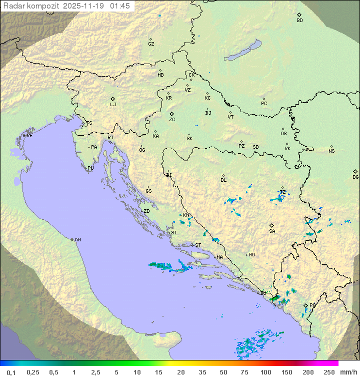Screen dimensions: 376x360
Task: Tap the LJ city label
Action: (113, 105)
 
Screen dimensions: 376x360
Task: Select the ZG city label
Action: (172, 120)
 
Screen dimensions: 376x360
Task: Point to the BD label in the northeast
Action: (299, 21)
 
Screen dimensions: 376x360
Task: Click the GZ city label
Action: (151, 44)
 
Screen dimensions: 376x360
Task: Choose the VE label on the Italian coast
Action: (29, 136)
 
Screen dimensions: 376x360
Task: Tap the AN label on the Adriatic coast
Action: (77, 240)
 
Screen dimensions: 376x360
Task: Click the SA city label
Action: (272, 231)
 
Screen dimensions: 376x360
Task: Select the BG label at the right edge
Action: (355, 177)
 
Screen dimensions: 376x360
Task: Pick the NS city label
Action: (331, 151)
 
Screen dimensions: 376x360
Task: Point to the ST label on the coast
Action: (198, 245)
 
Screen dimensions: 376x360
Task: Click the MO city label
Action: (251, 255)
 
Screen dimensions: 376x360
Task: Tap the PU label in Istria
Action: (90, 168)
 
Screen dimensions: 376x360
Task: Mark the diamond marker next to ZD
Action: (142, 211)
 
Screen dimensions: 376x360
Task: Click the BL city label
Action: (223, 180)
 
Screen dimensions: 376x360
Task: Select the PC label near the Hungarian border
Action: (264, 104)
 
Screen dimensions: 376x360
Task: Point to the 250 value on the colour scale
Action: (328, 372)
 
